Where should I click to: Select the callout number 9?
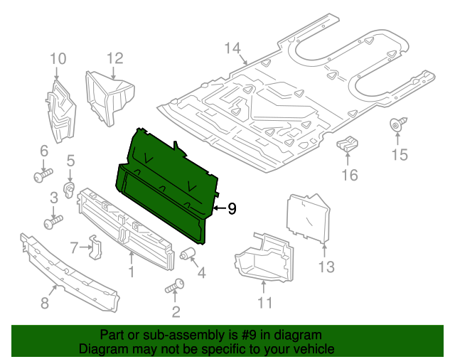point(232,208)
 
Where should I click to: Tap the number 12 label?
point(115,58)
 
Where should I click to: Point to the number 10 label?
point(58,58)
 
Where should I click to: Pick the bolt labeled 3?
point(52,223)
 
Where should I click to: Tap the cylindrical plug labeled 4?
point(188,254)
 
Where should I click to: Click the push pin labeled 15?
point(396,126)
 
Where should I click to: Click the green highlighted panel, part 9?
point(167,192)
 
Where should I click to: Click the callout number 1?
point(131,272)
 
